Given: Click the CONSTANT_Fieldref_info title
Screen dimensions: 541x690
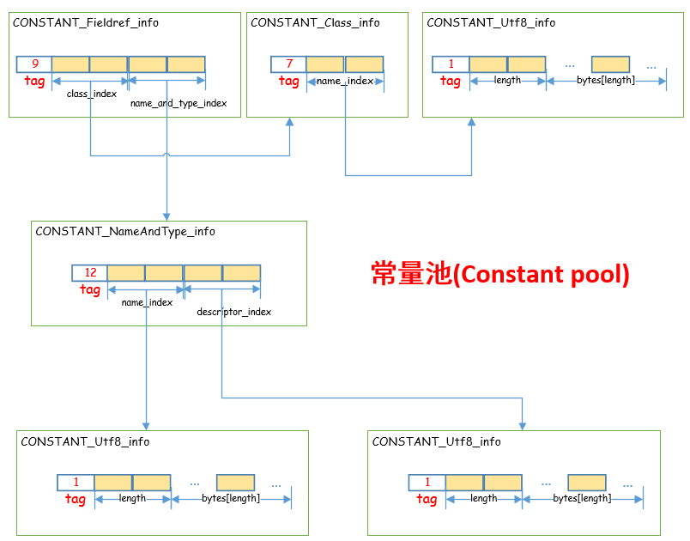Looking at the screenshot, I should [85, 23].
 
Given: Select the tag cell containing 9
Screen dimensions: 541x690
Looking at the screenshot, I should [34, 64].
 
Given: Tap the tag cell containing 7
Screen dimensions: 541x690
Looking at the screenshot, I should [288, 64].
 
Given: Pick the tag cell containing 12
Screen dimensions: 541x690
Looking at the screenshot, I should [90, 273].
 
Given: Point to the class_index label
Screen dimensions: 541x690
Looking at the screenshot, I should [92, 94].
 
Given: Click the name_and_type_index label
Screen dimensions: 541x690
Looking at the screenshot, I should [179, 103].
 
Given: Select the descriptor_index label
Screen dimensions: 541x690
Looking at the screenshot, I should [233, 312].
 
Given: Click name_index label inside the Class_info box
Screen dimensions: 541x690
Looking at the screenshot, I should [345, 81].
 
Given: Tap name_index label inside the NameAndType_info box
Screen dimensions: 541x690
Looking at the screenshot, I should [147, 302].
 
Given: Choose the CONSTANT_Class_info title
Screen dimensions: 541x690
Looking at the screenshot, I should [315, 23].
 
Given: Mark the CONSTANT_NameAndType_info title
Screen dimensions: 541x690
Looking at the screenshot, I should [125, 232].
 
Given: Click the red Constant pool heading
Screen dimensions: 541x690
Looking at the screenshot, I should [500, 274].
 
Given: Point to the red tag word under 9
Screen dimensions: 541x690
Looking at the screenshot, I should [35, 82].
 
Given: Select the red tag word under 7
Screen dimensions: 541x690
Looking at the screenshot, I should [289, 82].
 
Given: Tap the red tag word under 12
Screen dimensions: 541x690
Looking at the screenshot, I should [90, 290].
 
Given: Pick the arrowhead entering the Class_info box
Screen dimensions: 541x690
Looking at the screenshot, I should [289, 123].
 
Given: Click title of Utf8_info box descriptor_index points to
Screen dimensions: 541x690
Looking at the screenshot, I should [436, 441].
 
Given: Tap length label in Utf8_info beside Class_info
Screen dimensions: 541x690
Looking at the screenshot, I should [508, 81].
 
